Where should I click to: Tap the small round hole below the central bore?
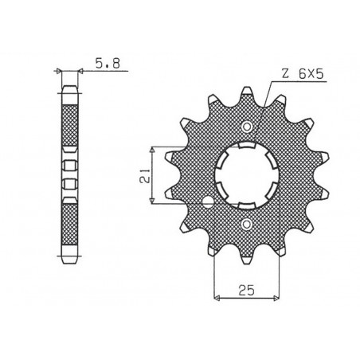coord(247,225)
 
